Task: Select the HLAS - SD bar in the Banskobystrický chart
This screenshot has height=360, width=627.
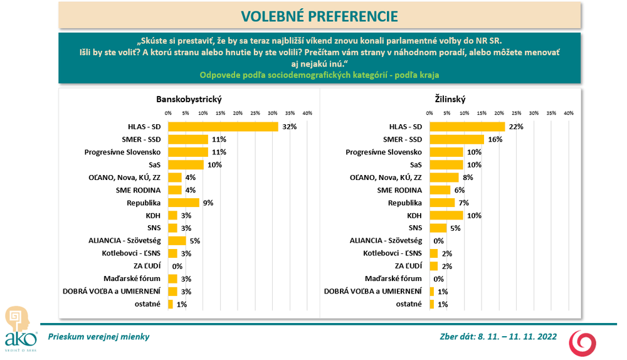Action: pyautogui.click(x=223, y=126)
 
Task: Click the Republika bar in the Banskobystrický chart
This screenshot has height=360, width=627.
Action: pyautogui.click(x=184, y=203)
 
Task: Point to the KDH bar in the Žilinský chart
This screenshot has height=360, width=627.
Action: pyautogui.click(x=446, y=215)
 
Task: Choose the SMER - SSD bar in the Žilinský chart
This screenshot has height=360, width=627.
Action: pyautogui.click(x=456, y=139)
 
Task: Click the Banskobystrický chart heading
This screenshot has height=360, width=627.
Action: pyautogui.click(x=189, y=98)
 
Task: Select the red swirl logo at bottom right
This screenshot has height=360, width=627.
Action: pyautogui.click(x=582, y=343)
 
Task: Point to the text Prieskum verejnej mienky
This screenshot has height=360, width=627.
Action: pyautogui.click(x=98, y=337)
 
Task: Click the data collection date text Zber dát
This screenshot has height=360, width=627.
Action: pyautogui.click(x=498, y=337)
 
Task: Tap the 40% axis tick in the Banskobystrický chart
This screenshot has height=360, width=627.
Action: pyautogui.click(x=307, y=113)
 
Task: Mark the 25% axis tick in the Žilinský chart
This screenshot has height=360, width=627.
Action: pyautogui.click(x=516, y=113)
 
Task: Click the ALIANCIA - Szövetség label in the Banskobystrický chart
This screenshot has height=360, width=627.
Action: pyautogui.click(x=125, y=240)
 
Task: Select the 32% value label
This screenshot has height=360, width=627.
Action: pyautogui.click(x=289, y=126)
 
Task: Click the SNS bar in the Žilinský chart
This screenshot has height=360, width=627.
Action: pyautogui.click(x=438, y=228)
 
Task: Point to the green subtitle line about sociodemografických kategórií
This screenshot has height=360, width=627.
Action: pyautogui.click(x=319, y=75)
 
